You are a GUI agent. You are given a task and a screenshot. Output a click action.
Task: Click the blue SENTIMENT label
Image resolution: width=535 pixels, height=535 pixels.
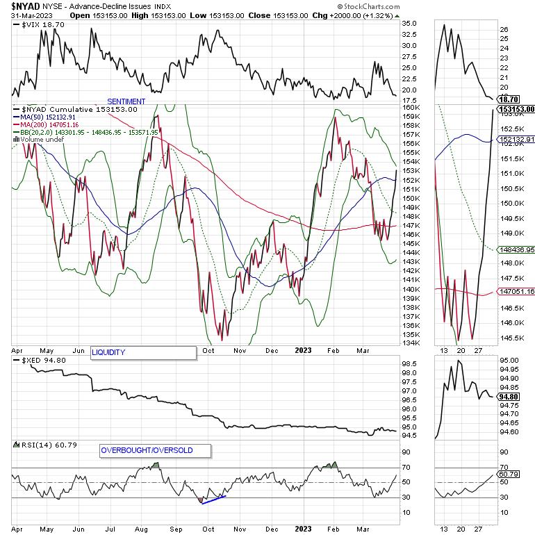tap(126, 101)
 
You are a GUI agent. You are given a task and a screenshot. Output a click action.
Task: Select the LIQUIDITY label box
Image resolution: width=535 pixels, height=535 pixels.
tap(143, 352)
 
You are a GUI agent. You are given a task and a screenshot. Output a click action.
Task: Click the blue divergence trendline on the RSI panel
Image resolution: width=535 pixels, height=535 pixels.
tap(213, 499)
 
